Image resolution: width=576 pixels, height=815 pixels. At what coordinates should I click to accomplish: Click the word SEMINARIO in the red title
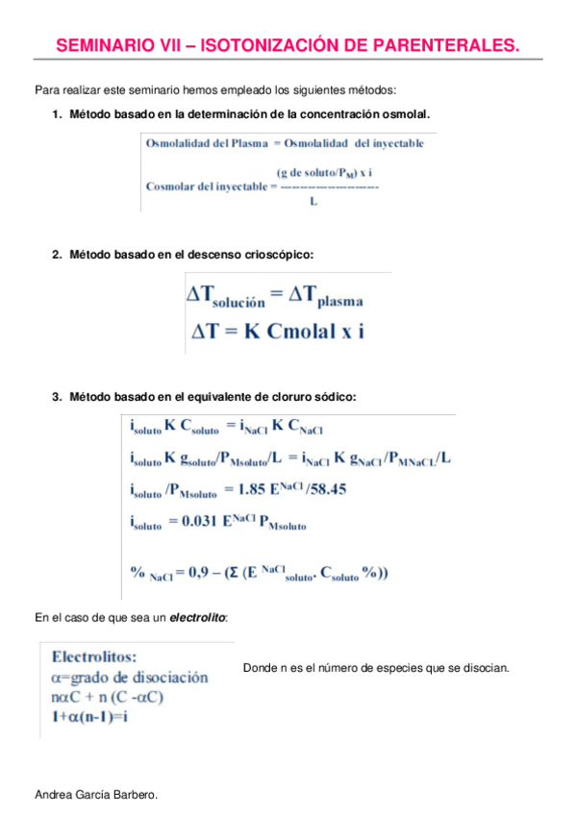tap(100, 45)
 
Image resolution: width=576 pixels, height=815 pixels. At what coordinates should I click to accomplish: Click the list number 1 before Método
tap(56, 115)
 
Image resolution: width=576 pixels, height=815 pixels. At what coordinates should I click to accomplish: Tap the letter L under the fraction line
tap(315, 201)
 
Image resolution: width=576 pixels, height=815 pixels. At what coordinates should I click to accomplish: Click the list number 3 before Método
tap(56, 396)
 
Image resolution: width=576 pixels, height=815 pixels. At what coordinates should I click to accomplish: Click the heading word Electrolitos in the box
tap(94, 658)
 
